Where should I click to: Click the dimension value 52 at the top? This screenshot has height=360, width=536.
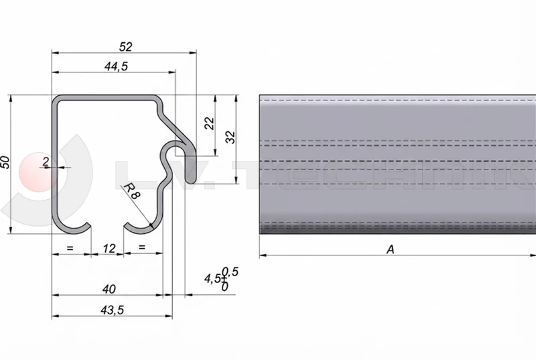125,46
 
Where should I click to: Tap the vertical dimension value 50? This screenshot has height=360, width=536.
5,162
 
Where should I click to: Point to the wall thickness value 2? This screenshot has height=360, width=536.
45,161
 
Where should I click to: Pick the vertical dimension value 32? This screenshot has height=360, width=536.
230,137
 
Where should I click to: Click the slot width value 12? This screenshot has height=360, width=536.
109,249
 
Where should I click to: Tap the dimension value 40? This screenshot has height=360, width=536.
110,289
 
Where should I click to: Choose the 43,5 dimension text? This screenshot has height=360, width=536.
110,310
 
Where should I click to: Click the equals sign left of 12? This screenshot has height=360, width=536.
70,248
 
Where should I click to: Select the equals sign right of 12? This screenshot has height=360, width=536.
141,248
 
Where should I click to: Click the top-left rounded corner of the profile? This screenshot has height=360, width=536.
59,102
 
